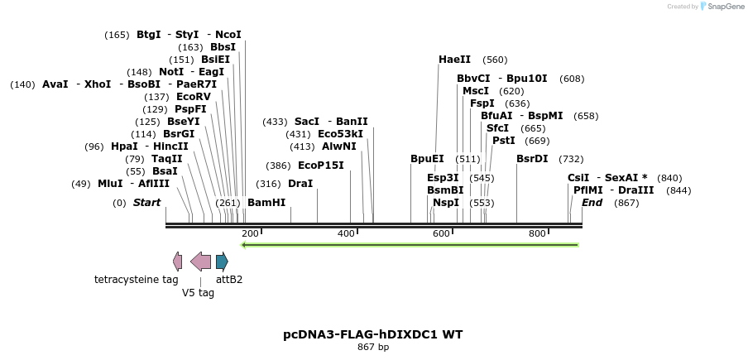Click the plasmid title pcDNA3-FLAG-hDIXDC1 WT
pos(372,334)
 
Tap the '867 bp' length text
pos(372,348)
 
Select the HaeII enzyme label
pos(454,60)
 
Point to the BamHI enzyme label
pos(266,203)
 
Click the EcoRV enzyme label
pos(194,97)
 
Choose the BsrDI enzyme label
pos(532,159)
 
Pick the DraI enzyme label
pos(300,184)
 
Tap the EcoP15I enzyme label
pos(320,166)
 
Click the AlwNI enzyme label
pos(339,146)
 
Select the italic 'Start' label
pos(146,203)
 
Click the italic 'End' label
pos(592,203)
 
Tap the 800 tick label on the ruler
pos(537,234)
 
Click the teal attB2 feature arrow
pos(222,262)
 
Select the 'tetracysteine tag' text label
pos(137,280)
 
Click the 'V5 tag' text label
pos(198,293)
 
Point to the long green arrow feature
pos(410,245)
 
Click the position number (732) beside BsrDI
pos(571,159)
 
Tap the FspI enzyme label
pos(482,103)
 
